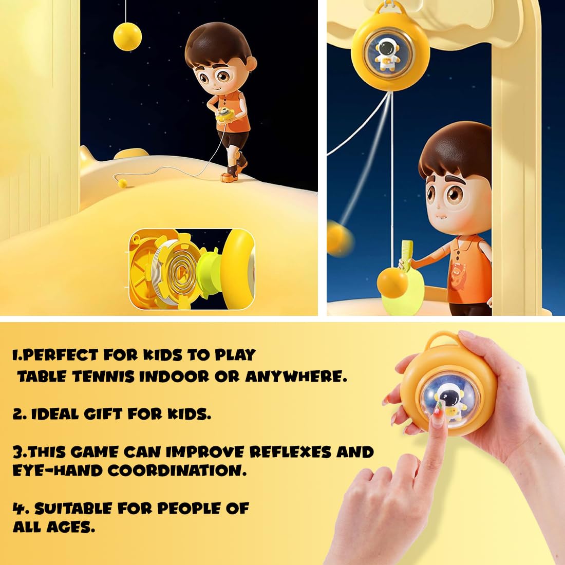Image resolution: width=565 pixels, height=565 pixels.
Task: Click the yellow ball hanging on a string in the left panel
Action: (127, 36)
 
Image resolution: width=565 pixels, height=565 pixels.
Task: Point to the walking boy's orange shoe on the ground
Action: (230, 177)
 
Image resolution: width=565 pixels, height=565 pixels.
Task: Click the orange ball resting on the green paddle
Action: (392, 283)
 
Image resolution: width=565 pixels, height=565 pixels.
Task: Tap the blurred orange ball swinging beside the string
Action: (340, 239)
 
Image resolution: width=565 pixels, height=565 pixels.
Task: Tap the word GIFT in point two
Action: (103, 414)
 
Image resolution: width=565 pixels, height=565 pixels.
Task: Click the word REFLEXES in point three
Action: (290, 452)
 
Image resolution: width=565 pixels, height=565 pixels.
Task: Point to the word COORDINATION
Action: (177, 470)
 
